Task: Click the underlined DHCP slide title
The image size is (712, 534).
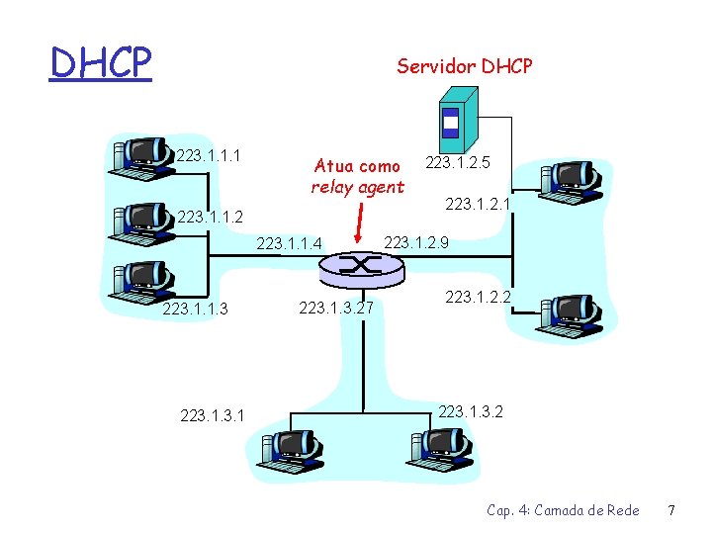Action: (101, 63)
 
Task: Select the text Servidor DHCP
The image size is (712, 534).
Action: (464, 66)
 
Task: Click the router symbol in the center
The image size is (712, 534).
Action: (359, 264)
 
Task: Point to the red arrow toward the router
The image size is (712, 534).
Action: (359, 222)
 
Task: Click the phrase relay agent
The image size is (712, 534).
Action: (357, 187)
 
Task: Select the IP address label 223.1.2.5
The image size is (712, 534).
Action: (459, 161)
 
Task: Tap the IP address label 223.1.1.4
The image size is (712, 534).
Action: (290, 242)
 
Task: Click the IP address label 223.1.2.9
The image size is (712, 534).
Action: (416, 242)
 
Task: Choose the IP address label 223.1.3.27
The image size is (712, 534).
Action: (335, 310)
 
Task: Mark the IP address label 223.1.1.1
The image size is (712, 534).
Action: (210, 154)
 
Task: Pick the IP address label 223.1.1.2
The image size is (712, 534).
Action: (210, 217)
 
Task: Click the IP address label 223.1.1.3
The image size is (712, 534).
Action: (195, 310)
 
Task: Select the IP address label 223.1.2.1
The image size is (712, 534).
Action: (479, 205)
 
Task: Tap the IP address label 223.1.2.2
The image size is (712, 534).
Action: (478, 296)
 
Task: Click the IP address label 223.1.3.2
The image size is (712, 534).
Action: (471, 410)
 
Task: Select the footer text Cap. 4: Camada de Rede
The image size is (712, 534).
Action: (563, 510)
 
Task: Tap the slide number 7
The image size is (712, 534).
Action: (670, 510)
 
